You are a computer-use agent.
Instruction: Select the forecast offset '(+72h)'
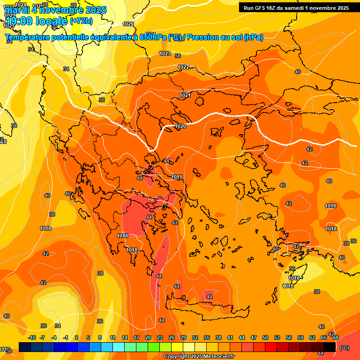[82, 21]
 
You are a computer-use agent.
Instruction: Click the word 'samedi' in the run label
[303, 8]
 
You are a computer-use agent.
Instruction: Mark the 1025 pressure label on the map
[127, 24]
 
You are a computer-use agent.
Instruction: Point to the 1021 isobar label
[185, 95]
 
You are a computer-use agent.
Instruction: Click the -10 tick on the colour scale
[32, 337]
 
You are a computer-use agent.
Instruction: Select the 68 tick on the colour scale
[336, 337]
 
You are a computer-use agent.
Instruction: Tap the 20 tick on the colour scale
[148, 337]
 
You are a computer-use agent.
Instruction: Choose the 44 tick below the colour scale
[242, 337]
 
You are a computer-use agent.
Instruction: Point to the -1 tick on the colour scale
[66, 337]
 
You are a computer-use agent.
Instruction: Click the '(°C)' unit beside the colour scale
[345, 348]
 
